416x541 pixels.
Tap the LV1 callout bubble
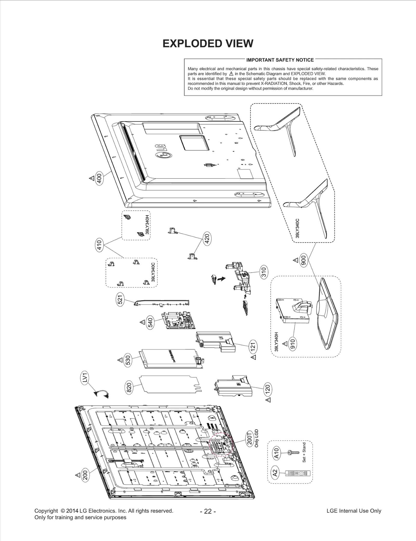(x=84, y=377)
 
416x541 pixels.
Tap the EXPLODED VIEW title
(x=208, y=44)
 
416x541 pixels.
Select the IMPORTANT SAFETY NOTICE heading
(x=280, y=60)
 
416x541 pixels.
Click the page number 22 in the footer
(x=208, y=511)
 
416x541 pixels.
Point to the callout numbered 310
(x=264, y=273)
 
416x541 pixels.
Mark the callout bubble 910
(x=293, y=344)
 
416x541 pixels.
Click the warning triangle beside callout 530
(x=120, y=360)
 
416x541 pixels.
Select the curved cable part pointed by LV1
(x=102, y=394)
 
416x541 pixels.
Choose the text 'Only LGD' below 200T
(x=257, y=438)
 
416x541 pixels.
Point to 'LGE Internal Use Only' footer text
(x=354, y=511)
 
